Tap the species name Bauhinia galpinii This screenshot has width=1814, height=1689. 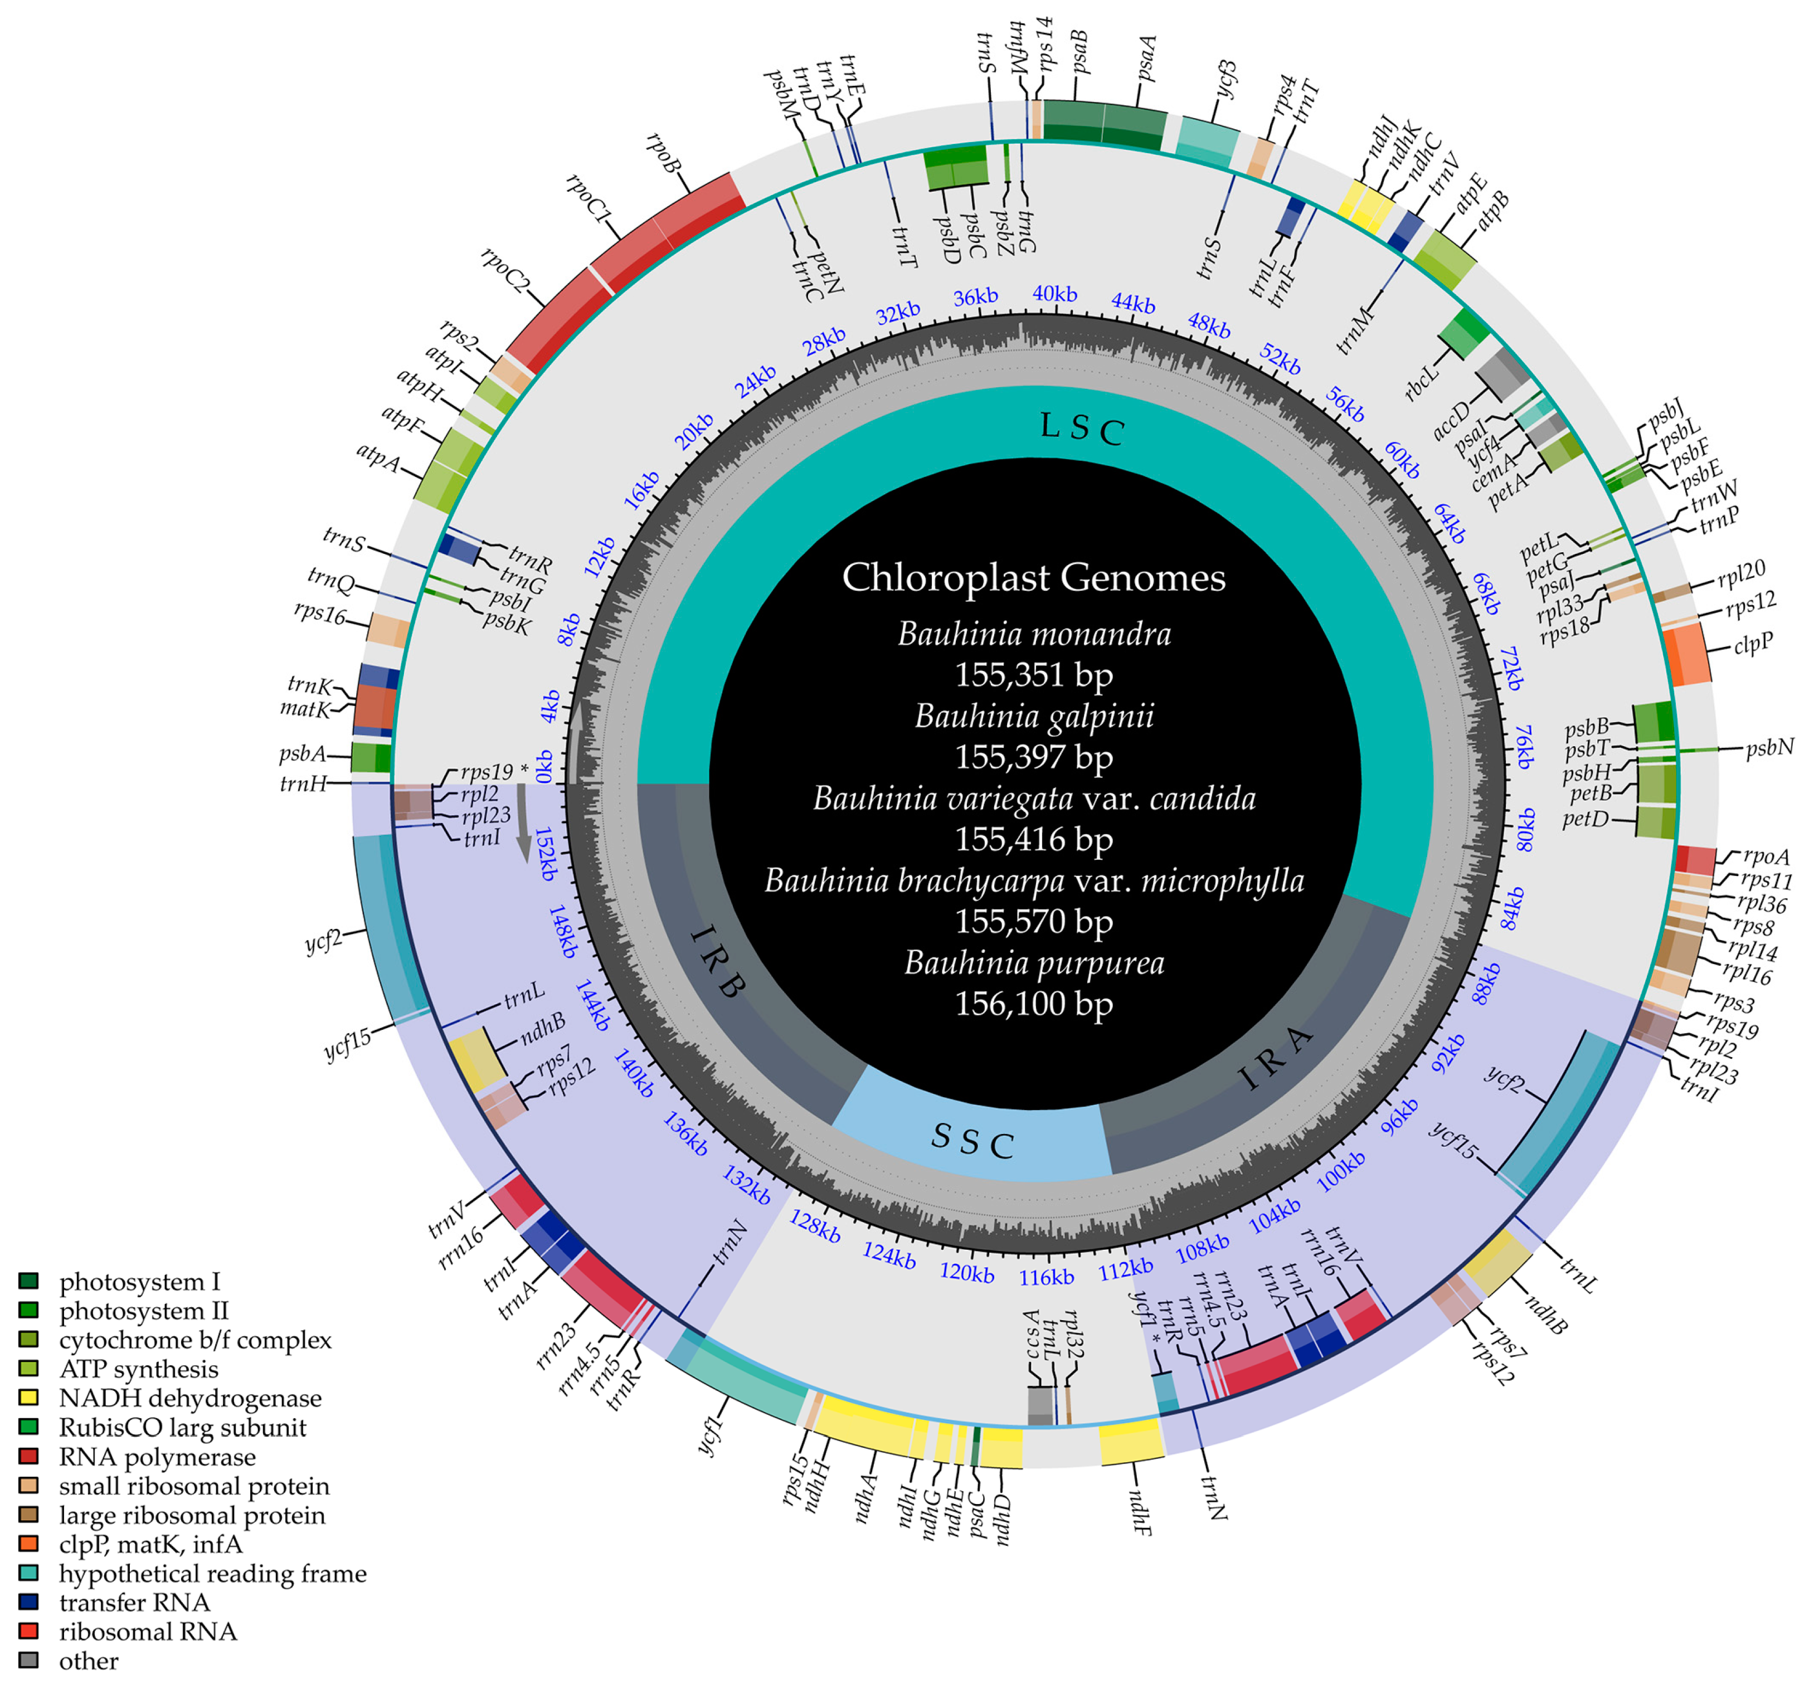click(x=1034, y=716)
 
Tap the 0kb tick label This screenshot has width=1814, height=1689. click(x=544, y=766)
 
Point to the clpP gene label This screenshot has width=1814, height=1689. click(x=1753, y=643)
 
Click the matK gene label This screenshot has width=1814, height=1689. click(x=304, y=709)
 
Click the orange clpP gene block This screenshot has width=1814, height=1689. click(x=1687, y=656)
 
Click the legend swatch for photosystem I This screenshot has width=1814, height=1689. click(x=28, y=1281)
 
